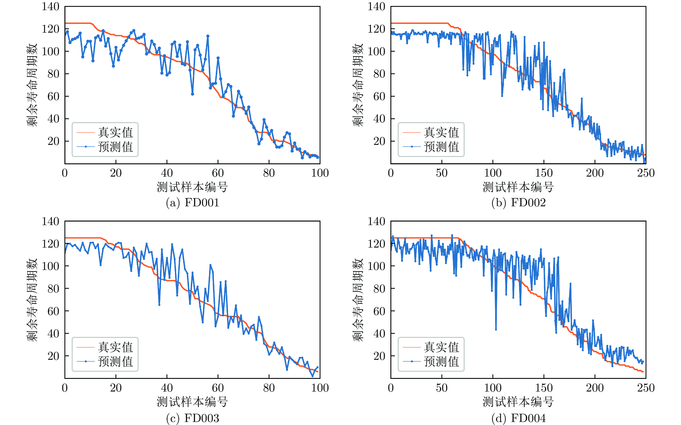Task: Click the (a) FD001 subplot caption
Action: tap(193, 203)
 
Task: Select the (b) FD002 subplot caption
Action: tap(518, 203)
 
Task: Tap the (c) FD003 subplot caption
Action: tap(193, 418)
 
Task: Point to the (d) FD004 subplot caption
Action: tap(518, 418)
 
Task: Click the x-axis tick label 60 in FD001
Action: tap(218, 173)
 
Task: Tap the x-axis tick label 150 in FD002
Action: tap(544, 173)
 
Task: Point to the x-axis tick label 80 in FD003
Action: tap(269, 388)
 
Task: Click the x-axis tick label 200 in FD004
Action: tap(595, 388)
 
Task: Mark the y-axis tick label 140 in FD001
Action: tap(51, 6)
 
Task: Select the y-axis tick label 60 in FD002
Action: tap(379, 96)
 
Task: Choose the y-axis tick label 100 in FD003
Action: tap(51, 266)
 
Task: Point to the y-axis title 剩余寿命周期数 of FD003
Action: tap(32, 300)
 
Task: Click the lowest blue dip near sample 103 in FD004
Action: tap(496, 330)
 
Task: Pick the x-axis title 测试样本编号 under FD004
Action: tap(518, 402)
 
